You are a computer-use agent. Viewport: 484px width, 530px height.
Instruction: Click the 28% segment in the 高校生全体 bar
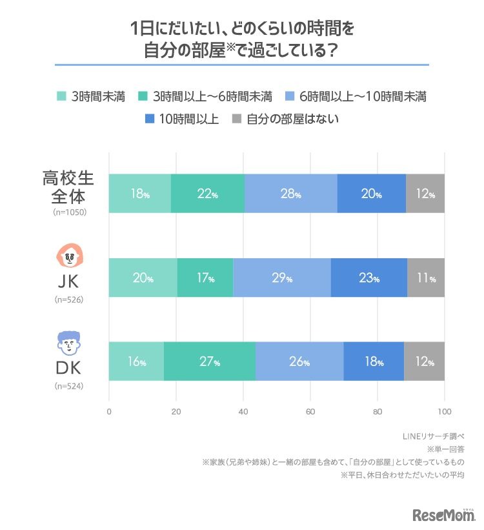tap(291, 193)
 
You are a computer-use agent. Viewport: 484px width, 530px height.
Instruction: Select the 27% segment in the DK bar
tap(210, 362)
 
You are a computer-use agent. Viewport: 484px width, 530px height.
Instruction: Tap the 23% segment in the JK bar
tap(369, 278)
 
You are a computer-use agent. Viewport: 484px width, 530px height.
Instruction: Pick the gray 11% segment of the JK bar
tap(426, 278)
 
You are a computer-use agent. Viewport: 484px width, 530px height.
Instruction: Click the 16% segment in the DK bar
tap(136, 362)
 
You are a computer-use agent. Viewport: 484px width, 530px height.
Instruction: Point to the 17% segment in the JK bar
tap(205, 278)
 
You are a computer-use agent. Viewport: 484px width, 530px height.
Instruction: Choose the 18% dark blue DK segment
tap(374, 362)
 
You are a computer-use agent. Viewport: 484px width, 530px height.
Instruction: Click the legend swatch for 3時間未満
tap(62, 97)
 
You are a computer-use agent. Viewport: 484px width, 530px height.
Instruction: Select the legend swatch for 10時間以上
tap(150, 119)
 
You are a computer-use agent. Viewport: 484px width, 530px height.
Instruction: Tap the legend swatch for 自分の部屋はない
tap(237, 119)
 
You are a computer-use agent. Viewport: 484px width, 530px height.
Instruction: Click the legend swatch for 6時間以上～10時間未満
tap(290, 97)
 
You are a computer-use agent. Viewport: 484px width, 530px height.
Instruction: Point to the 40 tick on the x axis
tap(243, 411)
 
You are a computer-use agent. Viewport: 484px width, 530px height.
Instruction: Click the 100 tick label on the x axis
tap(444, 411)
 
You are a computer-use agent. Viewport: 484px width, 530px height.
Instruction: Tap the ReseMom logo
tap(443, 515)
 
